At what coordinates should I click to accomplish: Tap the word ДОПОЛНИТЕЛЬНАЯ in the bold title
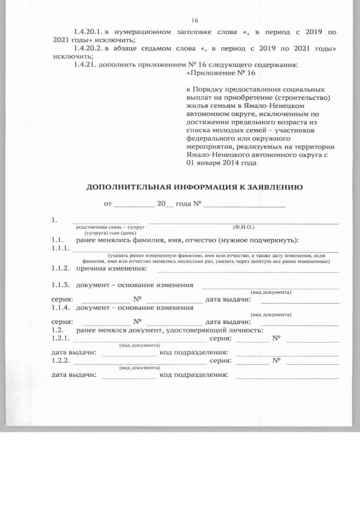click(127, 187)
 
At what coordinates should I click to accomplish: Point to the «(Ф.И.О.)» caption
click(243, 227)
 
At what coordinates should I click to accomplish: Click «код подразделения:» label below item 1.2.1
click(193, 353)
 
